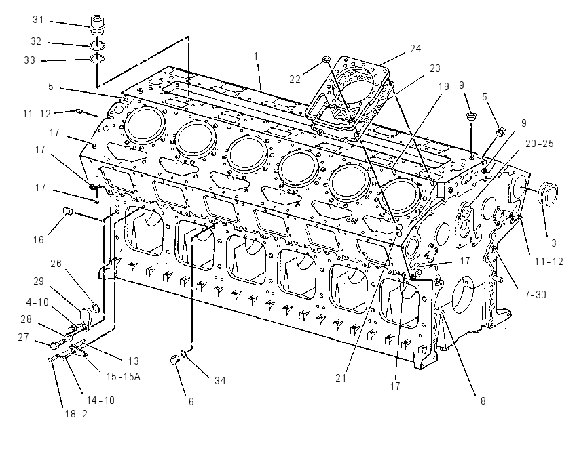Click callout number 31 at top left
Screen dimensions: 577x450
[38, 20]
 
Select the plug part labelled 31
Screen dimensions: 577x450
[98, 23]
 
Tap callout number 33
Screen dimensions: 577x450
[29, 60]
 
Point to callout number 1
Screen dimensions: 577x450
[256, 56]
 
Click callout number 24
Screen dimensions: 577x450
[415, 49]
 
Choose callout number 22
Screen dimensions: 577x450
[295, 79]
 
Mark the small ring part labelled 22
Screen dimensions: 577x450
[326, 60]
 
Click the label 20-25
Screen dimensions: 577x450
[540, 144]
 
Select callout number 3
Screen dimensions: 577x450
[553, 243]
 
